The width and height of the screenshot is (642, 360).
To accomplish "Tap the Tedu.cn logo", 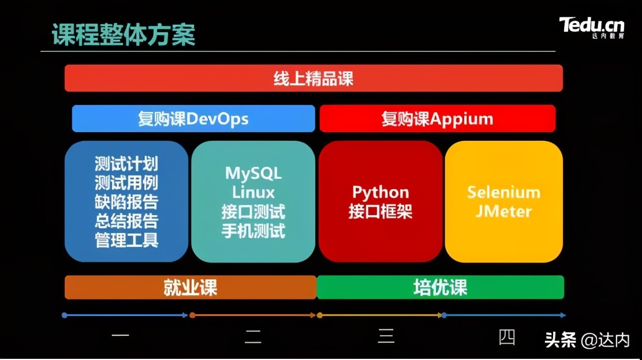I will (x=591, y=27).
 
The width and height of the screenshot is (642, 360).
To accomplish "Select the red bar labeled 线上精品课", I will (x=313, y=78).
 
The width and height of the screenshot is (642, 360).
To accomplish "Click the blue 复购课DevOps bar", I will (x=193, y=119).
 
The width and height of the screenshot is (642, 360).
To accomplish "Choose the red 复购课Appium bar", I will (x=437, y=119).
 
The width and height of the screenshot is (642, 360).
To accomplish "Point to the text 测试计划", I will (x=126, y=164).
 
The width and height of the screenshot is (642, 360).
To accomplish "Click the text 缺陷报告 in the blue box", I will (x=126, y=202).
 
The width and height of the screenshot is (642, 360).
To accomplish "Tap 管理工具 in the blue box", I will (x=126, y=240).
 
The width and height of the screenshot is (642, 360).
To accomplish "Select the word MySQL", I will (x=253, y=173).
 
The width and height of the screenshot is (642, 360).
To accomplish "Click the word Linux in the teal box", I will (x=253, y=192).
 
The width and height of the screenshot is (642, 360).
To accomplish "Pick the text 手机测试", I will (x=253, y=231).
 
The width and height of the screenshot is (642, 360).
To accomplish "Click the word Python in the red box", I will (x=380, y=192).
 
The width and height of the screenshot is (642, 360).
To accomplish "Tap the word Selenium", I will (x=503, y=192).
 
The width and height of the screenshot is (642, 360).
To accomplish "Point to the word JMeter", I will (x=503, y=211).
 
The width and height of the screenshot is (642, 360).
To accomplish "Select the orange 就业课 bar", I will (x=190, y=287).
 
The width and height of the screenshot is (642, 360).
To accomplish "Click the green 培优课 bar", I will (x=440, y=287).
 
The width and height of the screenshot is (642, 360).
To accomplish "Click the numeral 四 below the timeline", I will (x=507, y=336).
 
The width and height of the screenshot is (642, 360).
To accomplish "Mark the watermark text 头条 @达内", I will (x=587, y=340).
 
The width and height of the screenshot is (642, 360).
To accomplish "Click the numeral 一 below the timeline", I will (x=120, y=335).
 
